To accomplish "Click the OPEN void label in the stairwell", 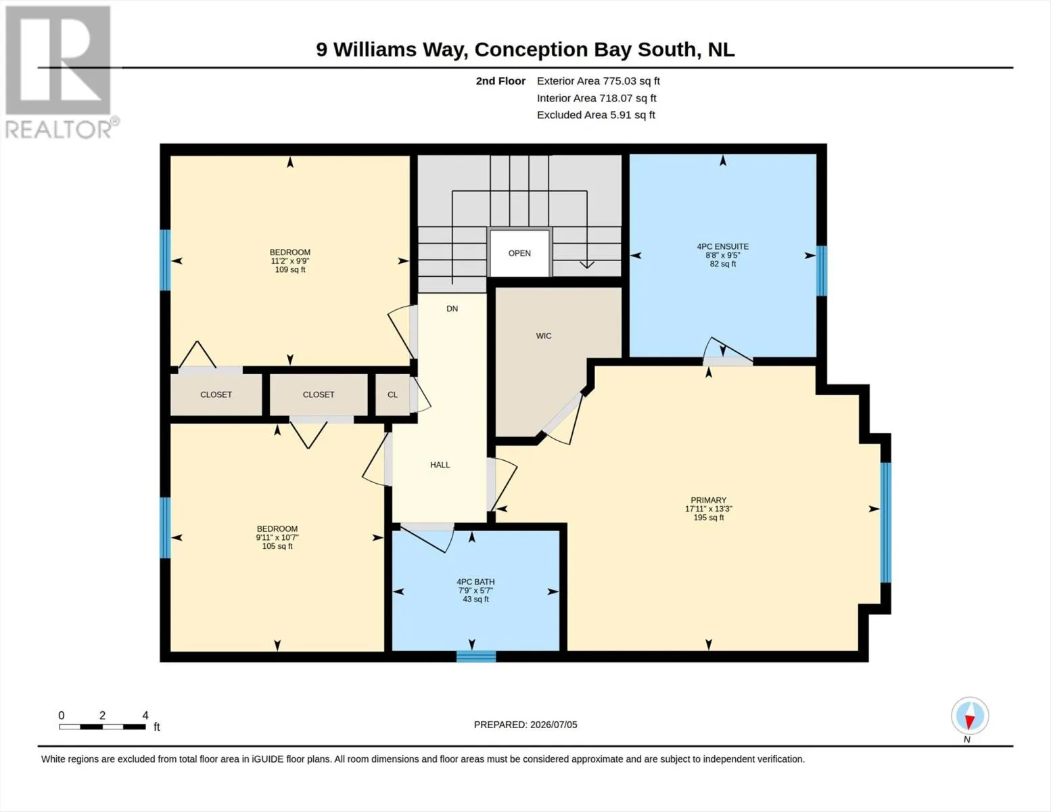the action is [519, 253].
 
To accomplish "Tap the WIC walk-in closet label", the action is [544, 336].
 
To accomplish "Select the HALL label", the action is [440, 465].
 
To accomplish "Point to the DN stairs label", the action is [452, 309].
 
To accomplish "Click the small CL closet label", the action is [392, 394].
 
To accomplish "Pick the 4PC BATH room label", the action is [475, 582].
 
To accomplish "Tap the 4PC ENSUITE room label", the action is [722, 246].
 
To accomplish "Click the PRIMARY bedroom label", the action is [709, 500].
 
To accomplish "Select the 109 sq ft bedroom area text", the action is [290, 269].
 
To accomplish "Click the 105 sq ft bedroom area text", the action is [277, 546].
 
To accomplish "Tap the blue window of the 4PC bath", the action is [476, 656].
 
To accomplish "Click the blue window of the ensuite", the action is [821, 271].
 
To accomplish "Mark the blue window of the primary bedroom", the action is [885, 522].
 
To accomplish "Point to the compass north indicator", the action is [970, 721].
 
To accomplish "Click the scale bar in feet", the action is [103, 727].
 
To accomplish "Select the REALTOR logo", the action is [60, 72].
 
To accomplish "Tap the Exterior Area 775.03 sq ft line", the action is [599, 81].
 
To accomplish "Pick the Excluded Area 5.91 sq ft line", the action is [596, 114].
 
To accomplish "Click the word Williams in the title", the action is [375, 49].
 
